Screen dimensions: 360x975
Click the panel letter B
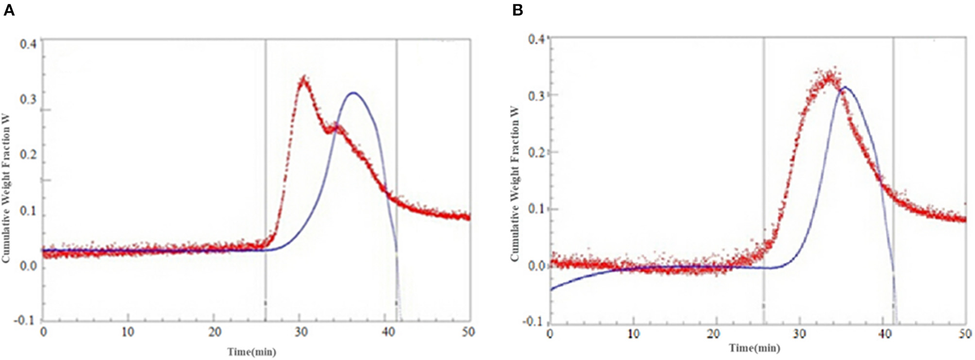[517, 10]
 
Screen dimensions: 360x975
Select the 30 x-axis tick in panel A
[299, 332]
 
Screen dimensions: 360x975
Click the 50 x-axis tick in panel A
[469, 332]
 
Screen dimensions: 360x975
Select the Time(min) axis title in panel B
[754, 348]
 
